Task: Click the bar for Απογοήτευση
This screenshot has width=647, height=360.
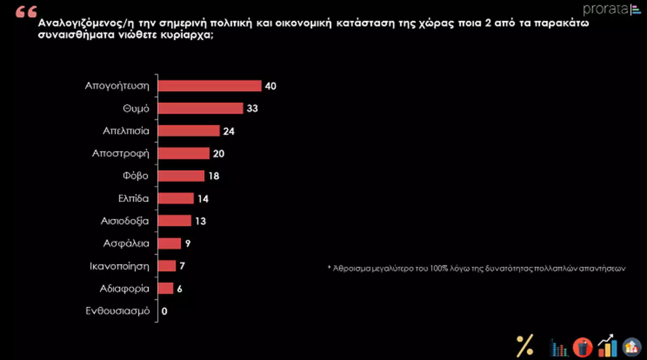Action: coord(209,86)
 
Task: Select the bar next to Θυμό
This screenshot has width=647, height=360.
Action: coord(201,108)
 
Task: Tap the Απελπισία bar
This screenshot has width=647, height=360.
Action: coord(189,131)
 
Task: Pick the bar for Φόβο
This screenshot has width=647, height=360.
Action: coord(181,176)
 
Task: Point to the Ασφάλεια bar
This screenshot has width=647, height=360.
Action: coord(169,243)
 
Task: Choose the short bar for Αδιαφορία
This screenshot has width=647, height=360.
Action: coord(166,288)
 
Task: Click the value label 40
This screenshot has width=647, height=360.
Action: coord(270,86)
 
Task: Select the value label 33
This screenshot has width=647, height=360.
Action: coord(252,108)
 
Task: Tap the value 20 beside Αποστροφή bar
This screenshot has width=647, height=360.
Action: coord(219,154)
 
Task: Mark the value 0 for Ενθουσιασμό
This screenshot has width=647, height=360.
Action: coord(164,311)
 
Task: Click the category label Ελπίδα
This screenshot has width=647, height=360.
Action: coord(133,198)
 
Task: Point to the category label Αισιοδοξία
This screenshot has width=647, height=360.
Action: coord(125,221)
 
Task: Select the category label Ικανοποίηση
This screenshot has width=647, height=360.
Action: coord(119,266)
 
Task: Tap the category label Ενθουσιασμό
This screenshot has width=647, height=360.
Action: coord(118,311)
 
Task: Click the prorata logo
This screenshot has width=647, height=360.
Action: coord(611,9)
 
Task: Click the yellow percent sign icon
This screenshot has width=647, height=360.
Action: coord(525,346)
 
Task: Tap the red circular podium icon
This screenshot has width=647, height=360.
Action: coord(583,347)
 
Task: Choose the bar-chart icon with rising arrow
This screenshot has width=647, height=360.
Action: coord(607,346)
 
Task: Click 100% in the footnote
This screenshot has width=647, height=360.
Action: coord(438,268)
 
